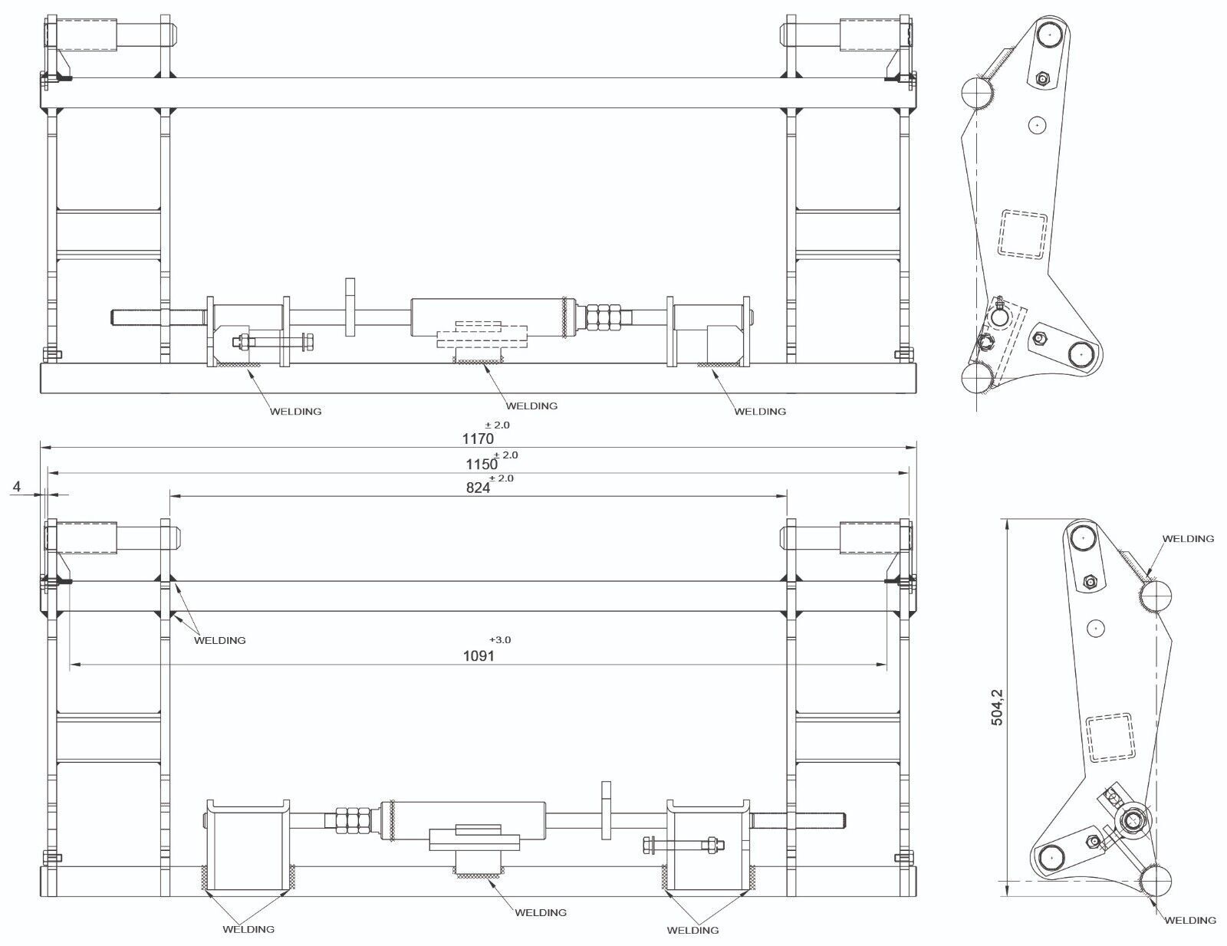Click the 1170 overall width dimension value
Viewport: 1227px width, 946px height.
[x=478, y=439]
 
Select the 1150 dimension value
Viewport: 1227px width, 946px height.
[x=482, y=464]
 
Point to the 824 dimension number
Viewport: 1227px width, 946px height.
[x=478, y=488]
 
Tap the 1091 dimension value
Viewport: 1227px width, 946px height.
[x=479, y=656]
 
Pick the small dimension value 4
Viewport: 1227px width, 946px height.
[x=17, y=487]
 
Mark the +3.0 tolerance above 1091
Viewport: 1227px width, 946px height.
[x=500, y=639]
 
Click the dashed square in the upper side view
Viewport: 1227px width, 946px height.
[x=1022, y=235]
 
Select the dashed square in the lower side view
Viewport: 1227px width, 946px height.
[x=1110, y=737]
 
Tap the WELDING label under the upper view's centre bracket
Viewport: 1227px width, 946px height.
[x=531, y=406]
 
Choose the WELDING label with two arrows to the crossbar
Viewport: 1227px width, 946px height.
[x=219, y=640]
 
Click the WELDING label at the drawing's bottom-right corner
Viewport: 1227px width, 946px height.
[x=1190, y=920]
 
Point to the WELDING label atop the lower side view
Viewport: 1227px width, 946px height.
[x=1188, y=538]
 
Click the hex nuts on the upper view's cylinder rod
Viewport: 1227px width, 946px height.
[x=604, y=316]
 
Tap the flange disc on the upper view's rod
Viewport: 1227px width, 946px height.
[x=350, y=307]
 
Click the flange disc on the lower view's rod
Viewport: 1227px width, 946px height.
[x=607, y=810]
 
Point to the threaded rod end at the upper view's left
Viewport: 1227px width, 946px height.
[x=137, y=316]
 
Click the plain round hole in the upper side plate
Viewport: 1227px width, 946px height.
[x=1038, y=125]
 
